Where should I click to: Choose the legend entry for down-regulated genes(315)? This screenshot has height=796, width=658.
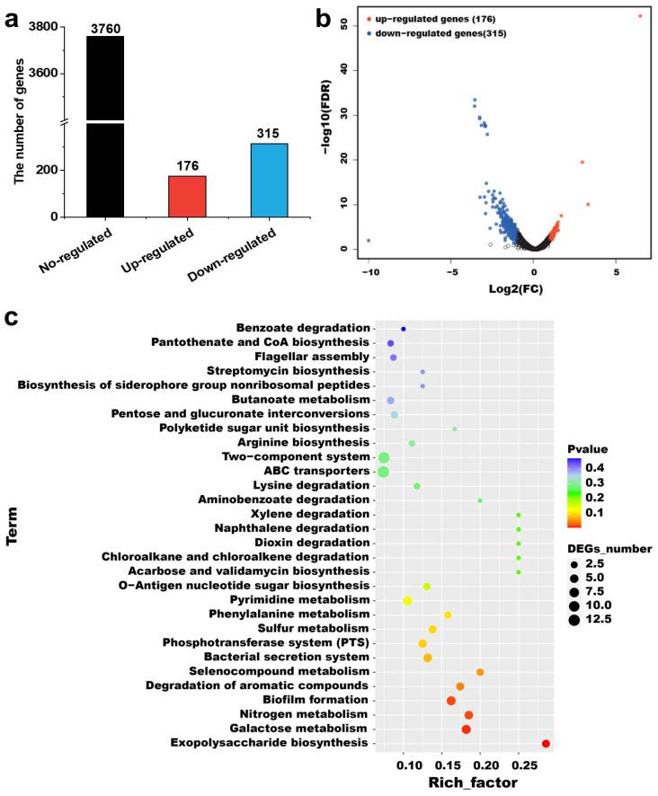pyautogui.click(x=428, y=31)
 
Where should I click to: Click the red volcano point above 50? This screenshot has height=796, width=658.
pyautogui.click(x=640, y=16)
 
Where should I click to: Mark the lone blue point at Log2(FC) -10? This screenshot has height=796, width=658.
pyautogui.click(x=369, y=241)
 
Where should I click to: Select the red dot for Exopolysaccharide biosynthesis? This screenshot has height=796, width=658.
pyautogui.click(x=546, y=743)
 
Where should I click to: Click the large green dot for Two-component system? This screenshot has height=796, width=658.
pyautogui.click(x=384, y=457)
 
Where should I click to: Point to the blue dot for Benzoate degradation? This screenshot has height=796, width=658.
pyautogui.click(x=404, y=330)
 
